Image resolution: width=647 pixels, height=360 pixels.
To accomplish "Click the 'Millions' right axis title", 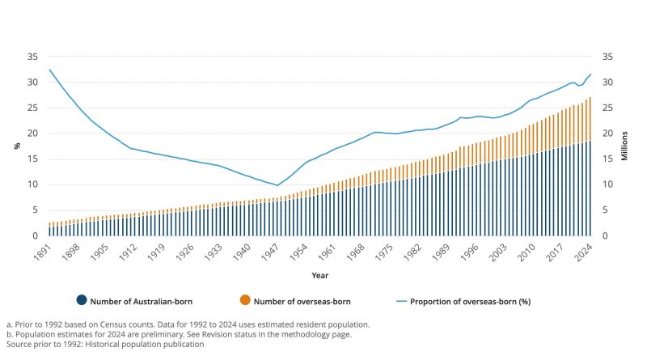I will pos(624,146).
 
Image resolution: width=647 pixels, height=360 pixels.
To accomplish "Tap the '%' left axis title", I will pos(17,146).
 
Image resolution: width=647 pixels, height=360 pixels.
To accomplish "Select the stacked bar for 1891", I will pos(50,229).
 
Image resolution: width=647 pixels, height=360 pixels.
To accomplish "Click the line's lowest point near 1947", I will pos(277,185).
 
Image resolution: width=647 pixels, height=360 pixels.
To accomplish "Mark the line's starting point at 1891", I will pos(50,70).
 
